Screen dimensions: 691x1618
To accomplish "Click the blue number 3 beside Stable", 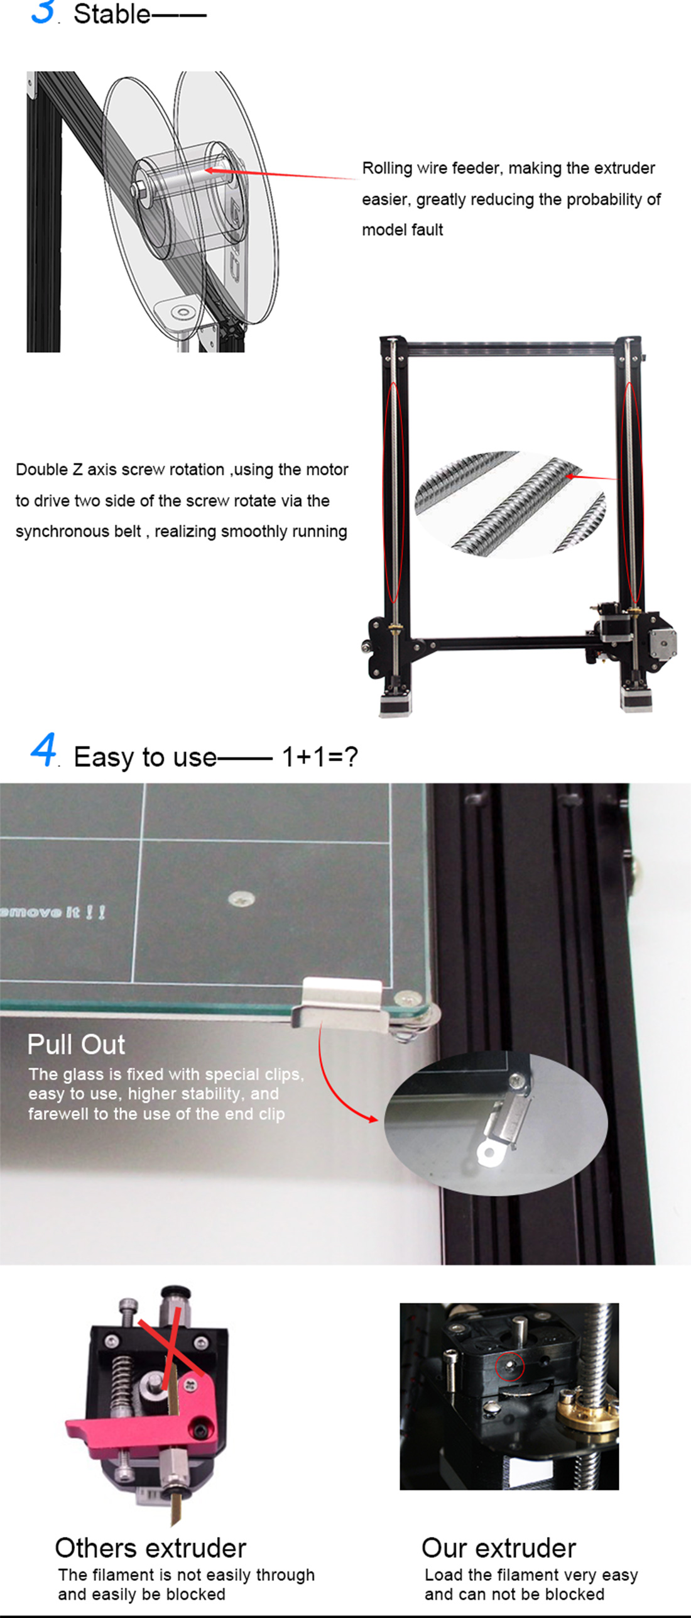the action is pyautogui.click(x=43, y=11).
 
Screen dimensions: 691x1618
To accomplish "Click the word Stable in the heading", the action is pyautogui.click(x=112, y=14).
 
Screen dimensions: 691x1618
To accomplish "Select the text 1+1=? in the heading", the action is pyautogui.click(x=320, y=756).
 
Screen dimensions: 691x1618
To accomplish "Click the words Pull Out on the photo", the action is pyautogui.click(x=76, y=1045).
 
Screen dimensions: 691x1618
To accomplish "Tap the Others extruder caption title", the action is pyautogui.click(x=150, y=1548).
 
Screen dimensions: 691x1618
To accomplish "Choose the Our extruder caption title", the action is pyautogui.click(x=499, y=1548).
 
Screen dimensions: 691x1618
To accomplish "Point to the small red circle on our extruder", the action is pyautogui.click(x=509, y=1367).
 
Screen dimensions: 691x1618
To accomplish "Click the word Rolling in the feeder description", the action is pyautogui.click(x=387, y=168).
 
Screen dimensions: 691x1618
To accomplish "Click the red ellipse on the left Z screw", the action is pyautogui.click(x=393, y=492).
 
